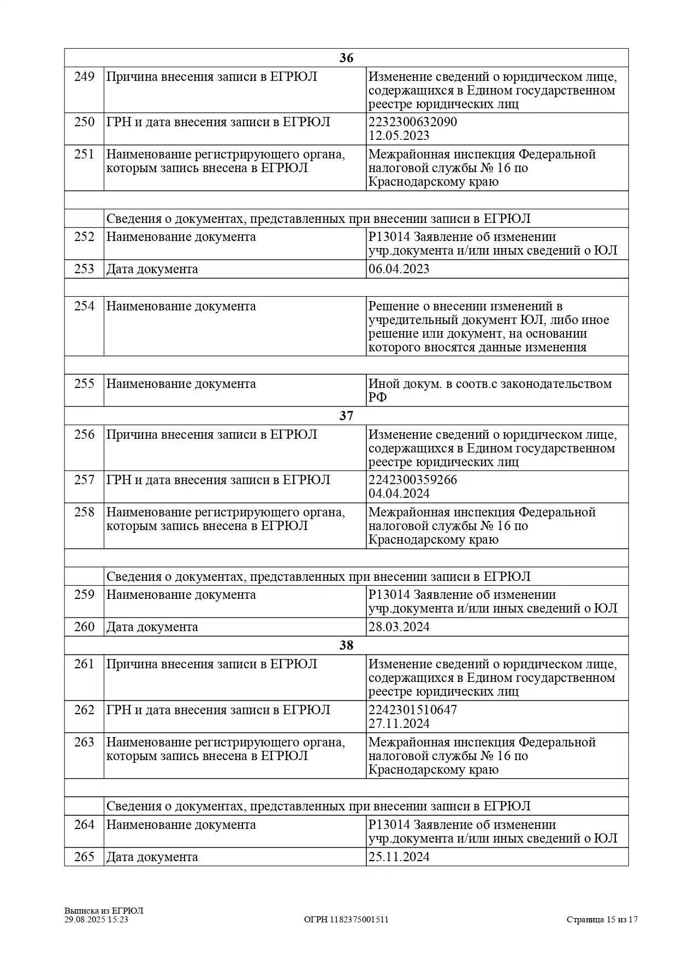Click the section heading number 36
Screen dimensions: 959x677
point(346,58)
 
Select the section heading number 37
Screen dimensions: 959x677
point(346,416)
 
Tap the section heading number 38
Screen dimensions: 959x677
point(346,645)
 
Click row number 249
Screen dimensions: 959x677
point(84,77)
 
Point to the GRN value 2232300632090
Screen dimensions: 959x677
point(413,122)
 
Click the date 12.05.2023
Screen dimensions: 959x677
point(399,136)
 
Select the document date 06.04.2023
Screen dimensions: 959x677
point(399,269)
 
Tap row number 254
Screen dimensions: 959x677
point(84,306)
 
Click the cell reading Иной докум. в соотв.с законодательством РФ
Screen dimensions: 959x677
point(490,390)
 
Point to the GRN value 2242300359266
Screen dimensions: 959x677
point(413,480)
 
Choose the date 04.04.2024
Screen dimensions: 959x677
point(399,493)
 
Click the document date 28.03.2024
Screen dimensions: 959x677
point(399,627)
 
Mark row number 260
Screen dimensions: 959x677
point(84,627)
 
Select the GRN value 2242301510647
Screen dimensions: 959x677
point(413,710)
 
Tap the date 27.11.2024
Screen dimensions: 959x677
point(399,723)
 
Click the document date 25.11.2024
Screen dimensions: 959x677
point(399,857)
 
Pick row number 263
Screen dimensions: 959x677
point(84,742)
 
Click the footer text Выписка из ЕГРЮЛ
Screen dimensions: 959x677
point(104,910)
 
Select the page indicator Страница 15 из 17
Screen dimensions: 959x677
point(602,919)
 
